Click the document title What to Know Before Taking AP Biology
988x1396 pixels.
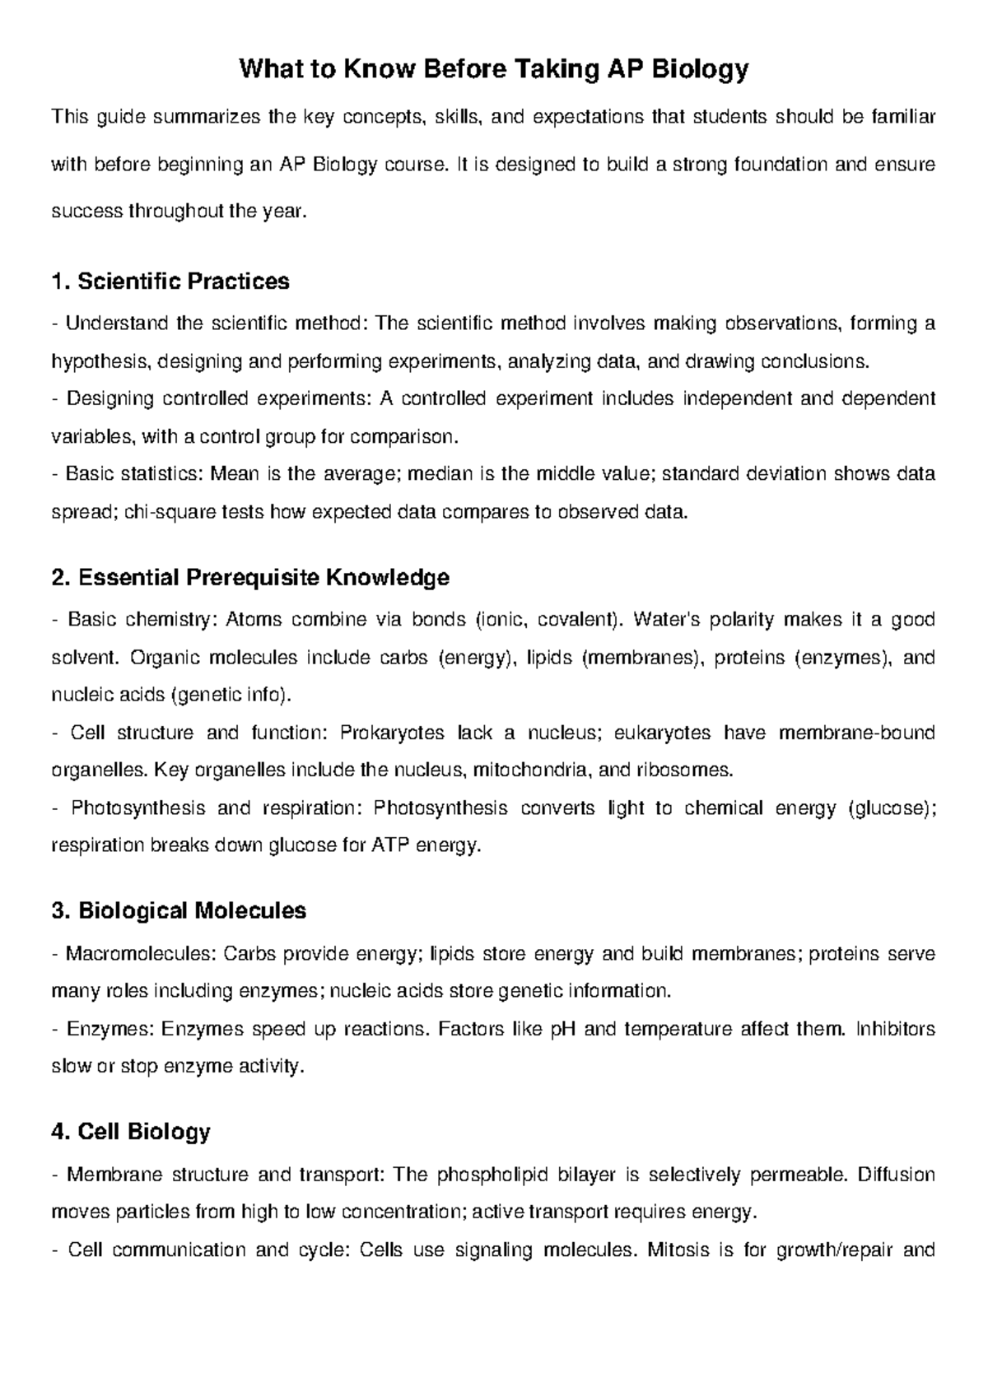(493, 69)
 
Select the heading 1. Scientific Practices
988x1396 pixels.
(170, 282)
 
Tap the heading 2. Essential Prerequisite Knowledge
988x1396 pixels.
(250, 578)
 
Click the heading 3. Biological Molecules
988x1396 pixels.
(179, 911)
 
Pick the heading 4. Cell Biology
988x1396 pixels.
(131, 1132)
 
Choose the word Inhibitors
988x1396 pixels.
(896, 1029)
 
